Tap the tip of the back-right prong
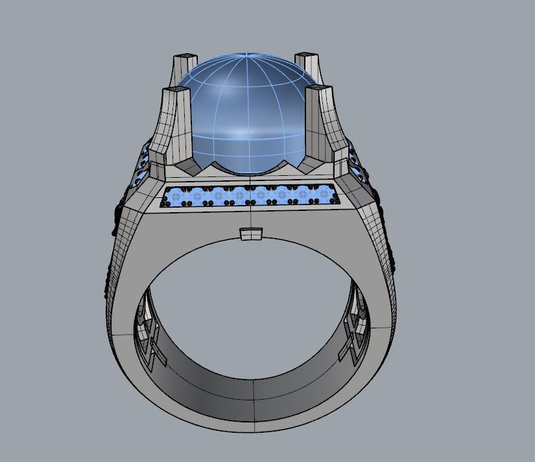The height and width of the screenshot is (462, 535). coord(305,55)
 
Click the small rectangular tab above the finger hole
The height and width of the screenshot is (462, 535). coord(250,234)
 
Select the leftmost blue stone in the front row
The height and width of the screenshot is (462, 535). coord(176,194)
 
